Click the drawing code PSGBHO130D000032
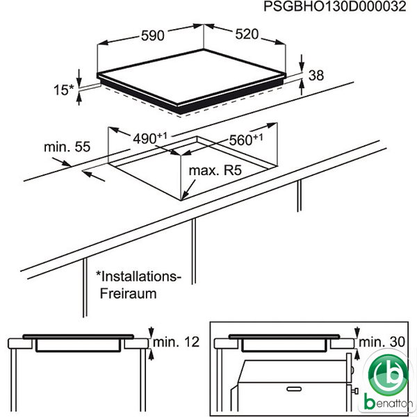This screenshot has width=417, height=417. click(335, 6)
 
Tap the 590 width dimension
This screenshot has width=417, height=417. click(153, 35)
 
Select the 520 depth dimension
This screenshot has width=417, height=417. click(247, 34)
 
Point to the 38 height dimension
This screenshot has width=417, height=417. click(316, 75)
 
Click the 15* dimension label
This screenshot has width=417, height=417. click(63, 90)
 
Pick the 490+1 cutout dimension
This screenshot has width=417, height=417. click(150, 138)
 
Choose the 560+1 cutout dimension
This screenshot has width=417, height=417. click(246, 140)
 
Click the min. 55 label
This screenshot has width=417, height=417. click(67, 147)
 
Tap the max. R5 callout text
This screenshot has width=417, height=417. click(215, 170)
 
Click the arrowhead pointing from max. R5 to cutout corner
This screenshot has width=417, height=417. click(184, 196)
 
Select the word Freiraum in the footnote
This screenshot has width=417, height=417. click(128, 293)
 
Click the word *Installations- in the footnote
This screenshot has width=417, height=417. click(138, 277)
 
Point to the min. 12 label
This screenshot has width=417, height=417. click(177, 342)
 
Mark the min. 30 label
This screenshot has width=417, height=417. click(382, 342)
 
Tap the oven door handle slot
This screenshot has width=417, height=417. click(295, 389)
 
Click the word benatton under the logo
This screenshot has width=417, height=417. click(389, 403)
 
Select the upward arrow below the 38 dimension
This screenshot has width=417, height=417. click(302, 88)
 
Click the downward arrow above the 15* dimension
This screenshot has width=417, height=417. click(79, 78)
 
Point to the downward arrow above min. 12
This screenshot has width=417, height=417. click(152, 332)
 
